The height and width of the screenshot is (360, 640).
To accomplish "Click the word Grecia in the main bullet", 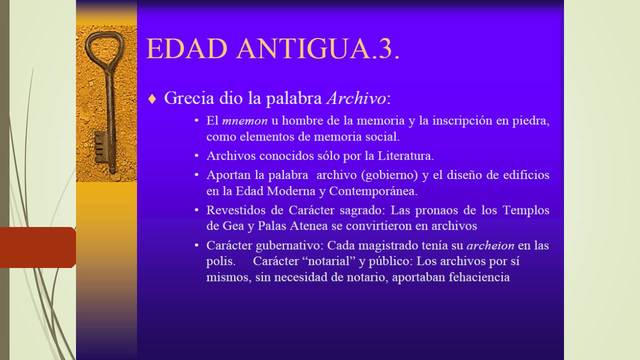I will (189, 98).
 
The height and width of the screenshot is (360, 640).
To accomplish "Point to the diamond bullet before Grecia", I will (152, 98).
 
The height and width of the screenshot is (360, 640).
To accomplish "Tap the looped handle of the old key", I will (102, 49).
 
